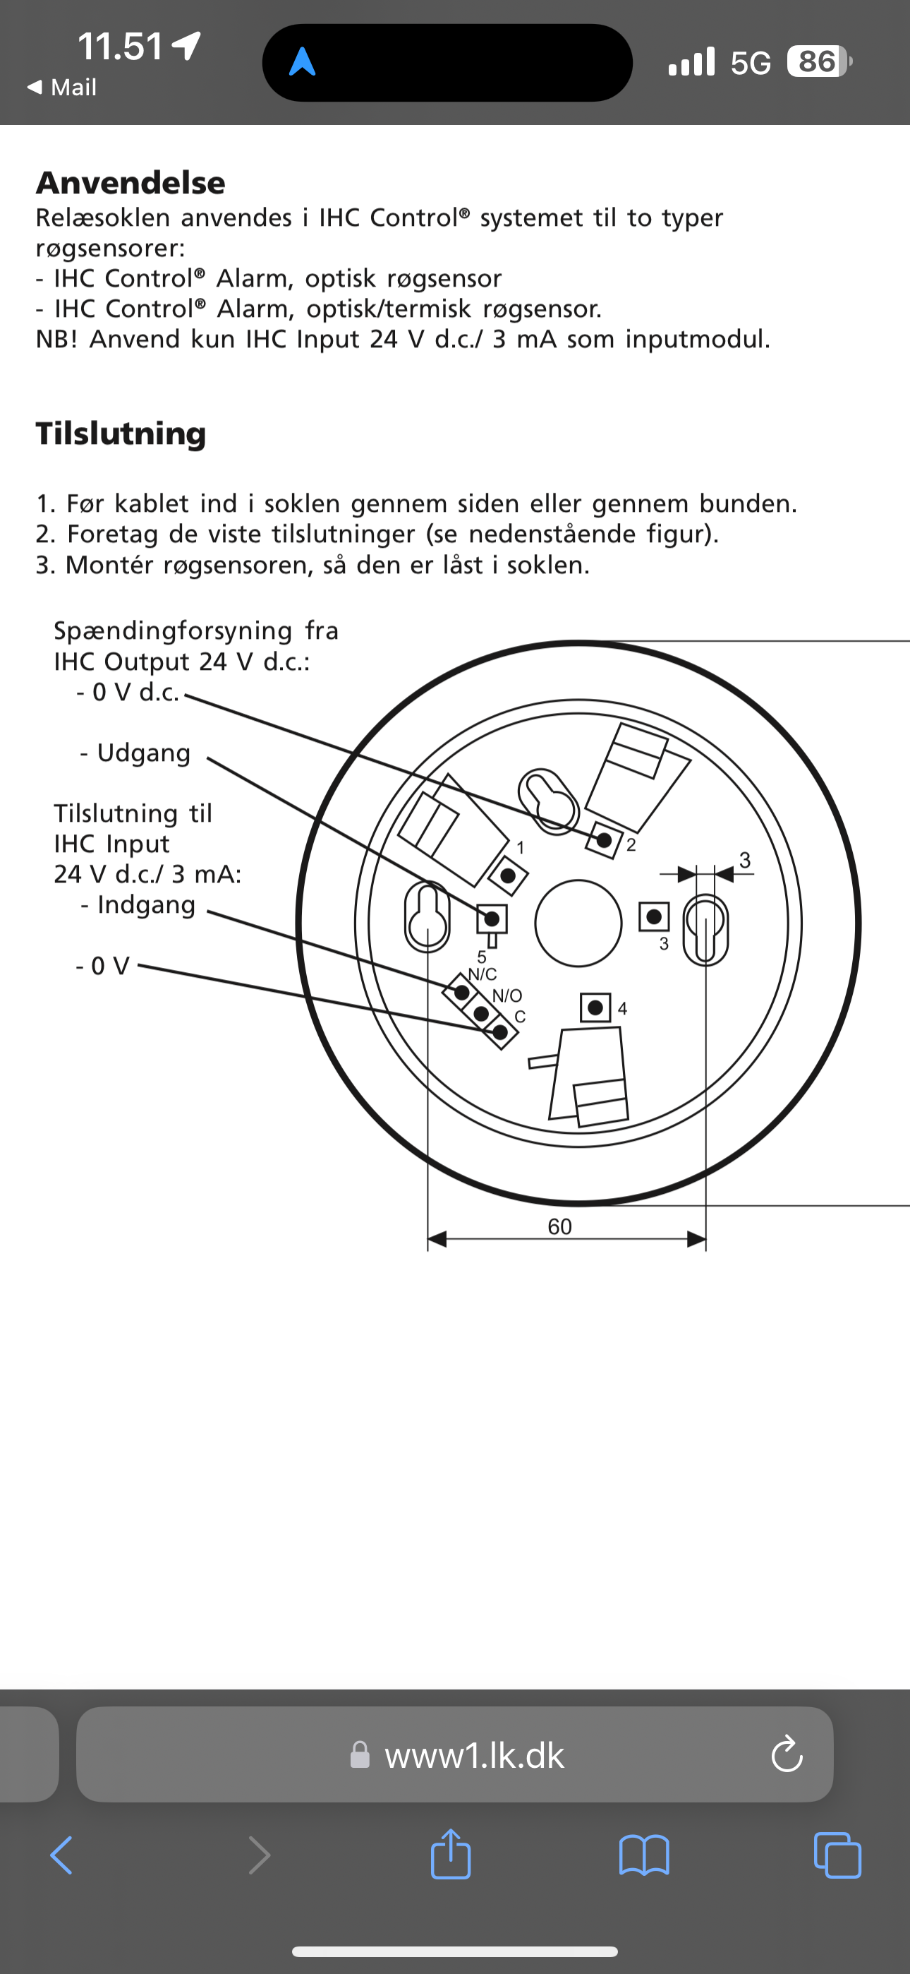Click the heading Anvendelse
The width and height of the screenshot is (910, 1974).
coord(131,183)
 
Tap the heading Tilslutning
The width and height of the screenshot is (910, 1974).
coord(121,433)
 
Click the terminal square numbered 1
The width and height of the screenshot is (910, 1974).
coord(508,875)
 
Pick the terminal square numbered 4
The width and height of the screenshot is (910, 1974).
coord(595,1007)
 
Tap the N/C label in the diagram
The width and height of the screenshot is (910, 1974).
coord(483,975)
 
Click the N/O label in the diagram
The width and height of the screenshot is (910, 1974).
coord(507,995)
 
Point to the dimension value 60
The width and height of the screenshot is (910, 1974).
coord(559,1227)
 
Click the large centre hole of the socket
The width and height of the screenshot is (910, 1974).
coord(578,923)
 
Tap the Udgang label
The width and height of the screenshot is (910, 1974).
coord(143,753)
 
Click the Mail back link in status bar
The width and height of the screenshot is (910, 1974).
coord(63,88)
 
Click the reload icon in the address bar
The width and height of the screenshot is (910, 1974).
coord(787,1755)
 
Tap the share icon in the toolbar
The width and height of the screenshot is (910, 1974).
coord(450,1855)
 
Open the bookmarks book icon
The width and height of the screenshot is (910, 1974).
coord(643,1855)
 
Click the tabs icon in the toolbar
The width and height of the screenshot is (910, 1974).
coord(837,1855)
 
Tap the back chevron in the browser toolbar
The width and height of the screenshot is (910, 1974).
coord(61,1855)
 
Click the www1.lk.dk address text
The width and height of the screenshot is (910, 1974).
coord(474,1756)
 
